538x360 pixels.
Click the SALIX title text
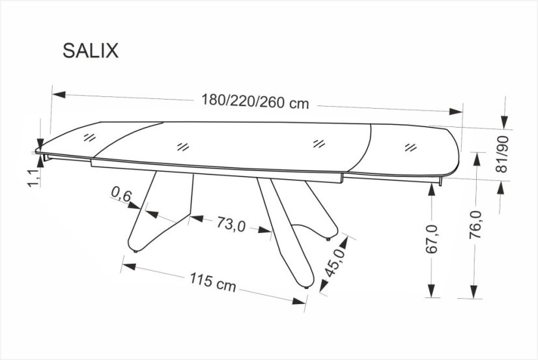[91, 51]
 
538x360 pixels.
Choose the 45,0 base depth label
[339, 262]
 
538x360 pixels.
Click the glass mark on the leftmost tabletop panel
[89, 137]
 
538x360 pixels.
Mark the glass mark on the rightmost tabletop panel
[410, 146]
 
